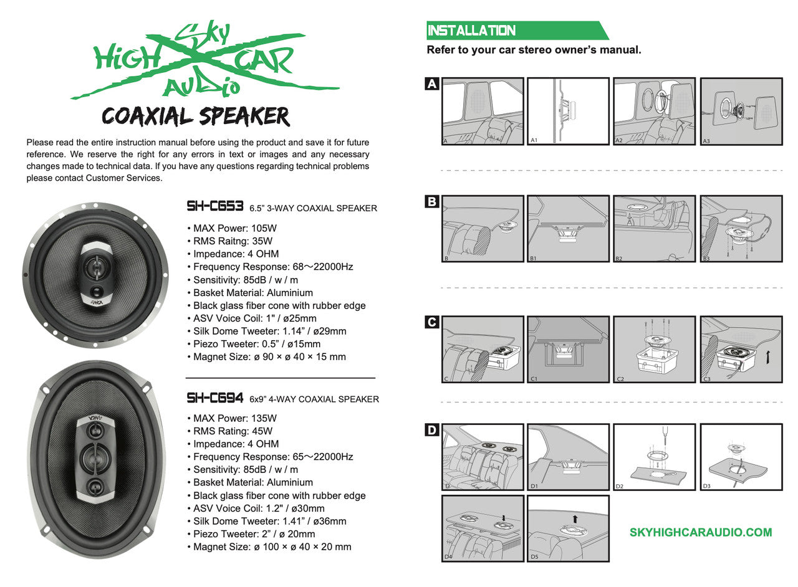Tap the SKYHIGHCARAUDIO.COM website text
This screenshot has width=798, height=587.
point(701,532)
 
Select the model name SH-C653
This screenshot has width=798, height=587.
point(214,206)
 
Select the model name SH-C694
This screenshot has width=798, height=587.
point(214,398)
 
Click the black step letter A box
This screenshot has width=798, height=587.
point(432,84)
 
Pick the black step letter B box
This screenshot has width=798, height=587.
point(432,202)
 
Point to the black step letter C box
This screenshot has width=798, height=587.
point(432,322)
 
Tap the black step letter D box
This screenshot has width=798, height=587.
point(432,430)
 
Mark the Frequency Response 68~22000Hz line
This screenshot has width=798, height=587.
point(270,267)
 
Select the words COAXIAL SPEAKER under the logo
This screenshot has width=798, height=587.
point(196,117)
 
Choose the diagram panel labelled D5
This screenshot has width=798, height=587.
point(568,528)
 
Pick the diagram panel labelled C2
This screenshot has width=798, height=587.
point(654,350)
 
